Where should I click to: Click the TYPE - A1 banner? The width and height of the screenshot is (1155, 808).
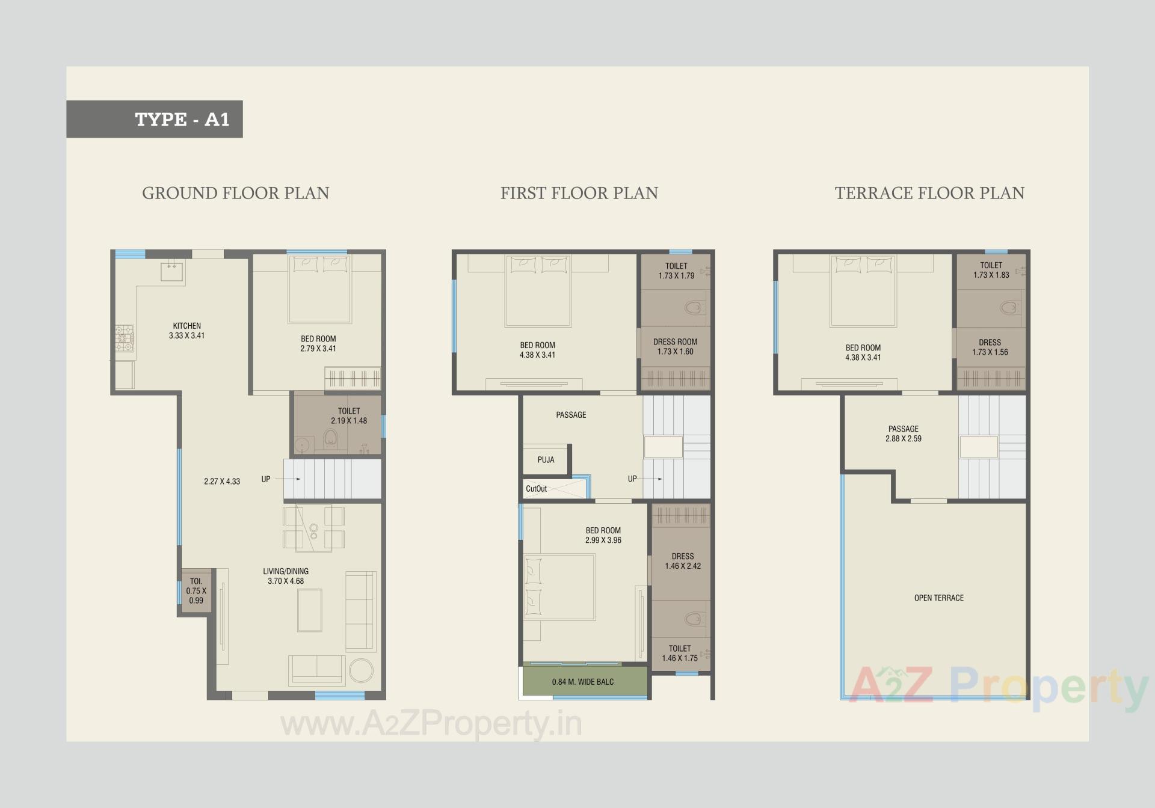[x=155, y=119]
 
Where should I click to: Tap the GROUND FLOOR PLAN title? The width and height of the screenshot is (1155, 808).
[x=235, y=193]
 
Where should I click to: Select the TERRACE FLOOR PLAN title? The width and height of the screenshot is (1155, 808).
[x=929, y=193]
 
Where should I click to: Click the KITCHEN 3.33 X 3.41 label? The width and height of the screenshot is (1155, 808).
[x=186, y=331]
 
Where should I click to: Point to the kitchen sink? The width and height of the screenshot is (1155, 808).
[x=173, y=272]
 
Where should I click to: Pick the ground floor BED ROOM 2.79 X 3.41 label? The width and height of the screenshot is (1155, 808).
[x=318, y=343]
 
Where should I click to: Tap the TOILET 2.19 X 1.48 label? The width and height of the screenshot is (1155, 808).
[x=348, y=415]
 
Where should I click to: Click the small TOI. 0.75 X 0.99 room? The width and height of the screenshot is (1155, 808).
[x=196, y=590]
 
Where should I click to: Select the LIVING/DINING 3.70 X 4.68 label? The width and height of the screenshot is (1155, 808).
[x=286, y=576]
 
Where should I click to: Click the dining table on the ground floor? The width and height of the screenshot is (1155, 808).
[x=313, y=528]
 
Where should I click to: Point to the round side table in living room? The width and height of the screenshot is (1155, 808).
[x=361, y=670]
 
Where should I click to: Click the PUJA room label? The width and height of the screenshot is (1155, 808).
[x=546, y=460]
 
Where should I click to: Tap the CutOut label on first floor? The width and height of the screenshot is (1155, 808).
[x=536, y=489]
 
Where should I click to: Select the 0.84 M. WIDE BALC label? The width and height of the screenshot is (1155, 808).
[x=582, y=682]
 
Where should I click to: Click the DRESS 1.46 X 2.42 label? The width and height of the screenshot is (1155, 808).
[x=682, y=561]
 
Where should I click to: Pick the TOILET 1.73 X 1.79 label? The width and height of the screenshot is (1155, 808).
[x=676, y=271]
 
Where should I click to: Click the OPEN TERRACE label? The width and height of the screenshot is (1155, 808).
[x=938, y=598]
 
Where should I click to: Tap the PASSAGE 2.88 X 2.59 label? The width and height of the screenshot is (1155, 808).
[x=903, y=433]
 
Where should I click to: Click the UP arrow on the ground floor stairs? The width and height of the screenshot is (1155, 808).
[x=288, y=479]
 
